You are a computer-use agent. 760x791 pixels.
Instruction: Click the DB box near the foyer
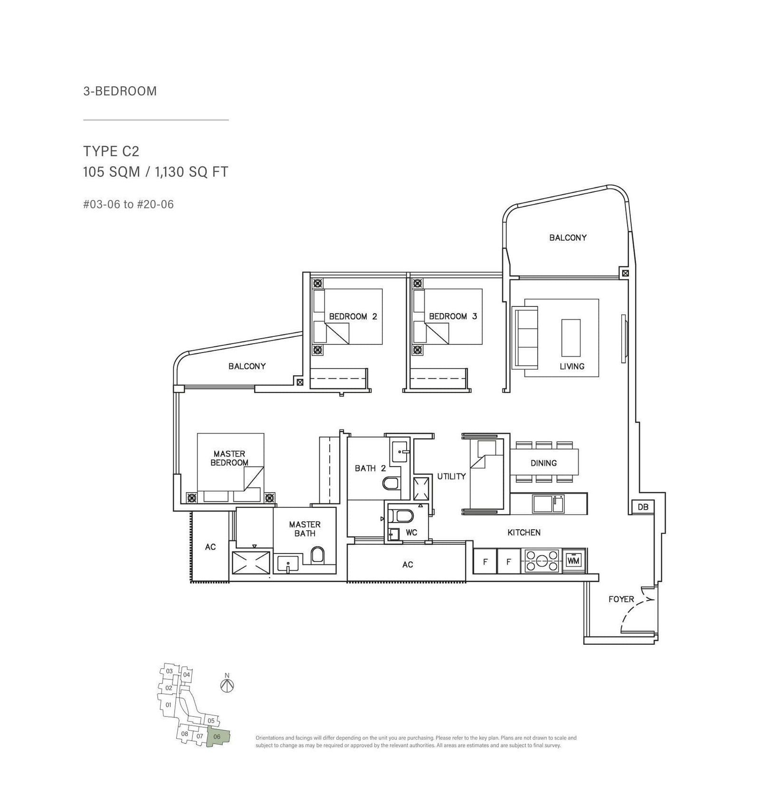coord(643,507)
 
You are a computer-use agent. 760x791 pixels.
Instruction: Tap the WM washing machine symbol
coord(574,561)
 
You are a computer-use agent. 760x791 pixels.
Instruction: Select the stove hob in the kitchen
coord(541,561)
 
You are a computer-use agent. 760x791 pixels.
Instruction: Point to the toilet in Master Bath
coord(318,555)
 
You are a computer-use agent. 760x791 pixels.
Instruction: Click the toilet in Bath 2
coord(390,484)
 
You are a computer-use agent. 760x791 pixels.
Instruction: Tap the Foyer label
coord(621,600)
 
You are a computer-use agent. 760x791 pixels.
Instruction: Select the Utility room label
coord(451,476)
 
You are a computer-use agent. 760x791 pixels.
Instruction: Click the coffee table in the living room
coord(570,338)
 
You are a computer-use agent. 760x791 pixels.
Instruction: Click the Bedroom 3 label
coord(453,316)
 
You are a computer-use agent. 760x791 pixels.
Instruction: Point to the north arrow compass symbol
coord(228,685)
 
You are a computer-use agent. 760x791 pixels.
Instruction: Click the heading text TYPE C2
coord(111,152)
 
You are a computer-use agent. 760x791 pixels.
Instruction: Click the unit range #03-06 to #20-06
coord(128,205)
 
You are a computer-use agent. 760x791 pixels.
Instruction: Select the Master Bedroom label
coord(229,458)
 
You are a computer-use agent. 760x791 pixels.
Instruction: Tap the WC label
coord(411,533)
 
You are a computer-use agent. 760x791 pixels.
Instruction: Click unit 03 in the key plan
coord(170,671)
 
